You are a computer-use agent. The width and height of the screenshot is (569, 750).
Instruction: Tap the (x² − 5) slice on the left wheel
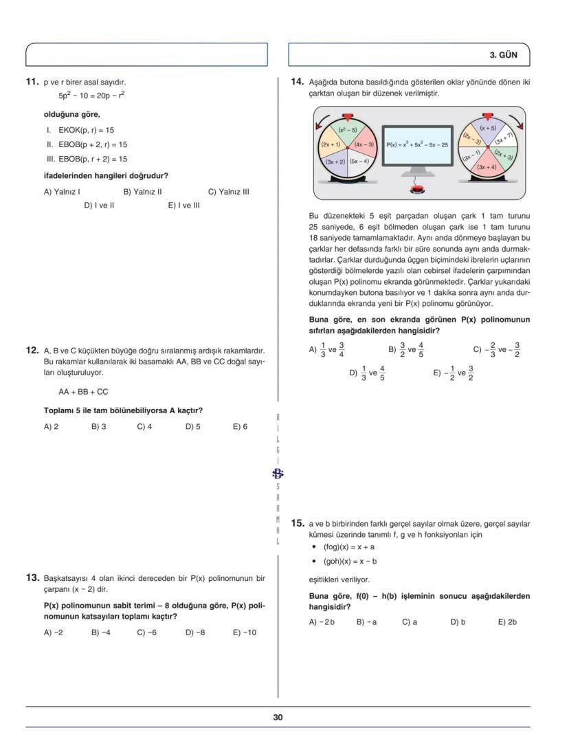click(348, 130)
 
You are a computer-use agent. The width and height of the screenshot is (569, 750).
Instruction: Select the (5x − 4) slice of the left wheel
click(359, 161)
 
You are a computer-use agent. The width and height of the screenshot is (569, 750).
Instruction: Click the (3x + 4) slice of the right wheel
click(487, 167)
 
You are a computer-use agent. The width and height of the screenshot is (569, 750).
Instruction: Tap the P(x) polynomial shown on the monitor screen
click(416, 145)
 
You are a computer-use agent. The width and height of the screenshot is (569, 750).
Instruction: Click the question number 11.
click(32, 82)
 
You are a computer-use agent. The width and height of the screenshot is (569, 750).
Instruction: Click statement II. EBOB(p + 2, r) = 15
click(87, 145)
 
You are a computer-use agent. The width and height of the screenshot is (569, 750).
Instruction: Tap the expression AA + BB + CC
click(83, 393)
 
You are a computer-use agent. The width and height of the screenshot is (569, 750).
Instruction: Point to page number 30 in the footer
click(278, 718)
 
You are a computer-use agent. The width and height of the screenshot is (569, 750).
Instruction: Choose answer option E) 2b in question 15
click(507, 622)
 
